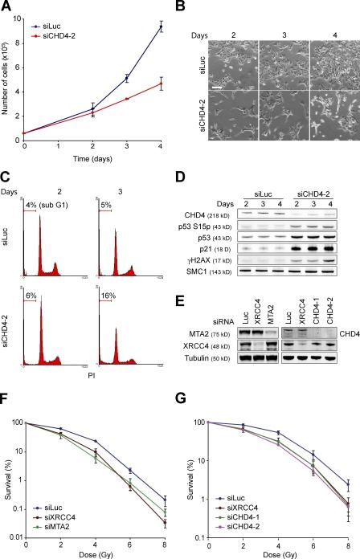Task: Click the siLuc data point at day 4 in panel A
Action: point(161,27)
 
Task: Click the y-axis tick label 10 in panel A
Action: point(19,9)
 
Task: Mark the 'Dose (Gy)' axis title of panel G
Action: point(273,553)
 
